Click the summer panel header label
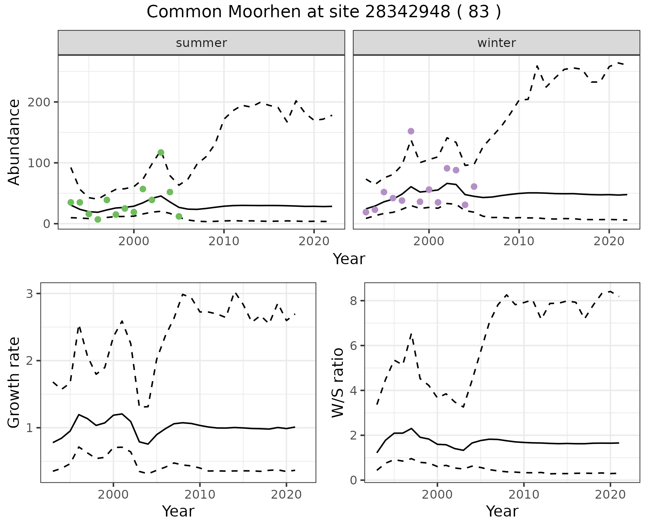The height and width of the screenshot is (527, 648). click(201, 43)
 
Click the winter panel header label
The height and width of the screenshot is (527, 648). click(496, 43)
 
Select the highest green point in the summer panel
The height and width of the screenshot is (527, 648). click(161, 152)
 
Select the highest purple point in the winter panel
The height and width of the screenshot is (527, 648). click(411, 131)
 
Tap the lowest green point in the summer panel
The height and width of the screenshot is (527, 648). click(98, 220)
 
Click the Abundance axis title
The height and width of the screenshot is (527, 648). click(14, 142)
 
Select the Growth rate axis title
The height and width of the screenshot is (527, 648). click(14, 382)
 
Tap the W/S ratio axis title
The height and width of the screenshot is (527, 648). click(337, 382)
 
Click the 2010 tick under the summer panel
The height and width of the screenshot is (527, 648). click(224, 241)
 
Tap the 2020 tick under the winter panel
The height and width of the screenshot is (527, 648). click(609, 241)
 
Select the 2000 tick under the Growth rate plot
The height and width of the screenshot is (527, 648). click(113, 495)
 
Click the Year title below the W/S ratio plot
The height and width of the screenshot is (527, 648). click(502, 511)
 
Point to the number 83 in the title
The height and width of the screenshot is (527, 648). click(479, 12)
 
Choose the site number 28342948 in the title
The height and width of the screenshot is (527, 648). click(407, 12)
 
